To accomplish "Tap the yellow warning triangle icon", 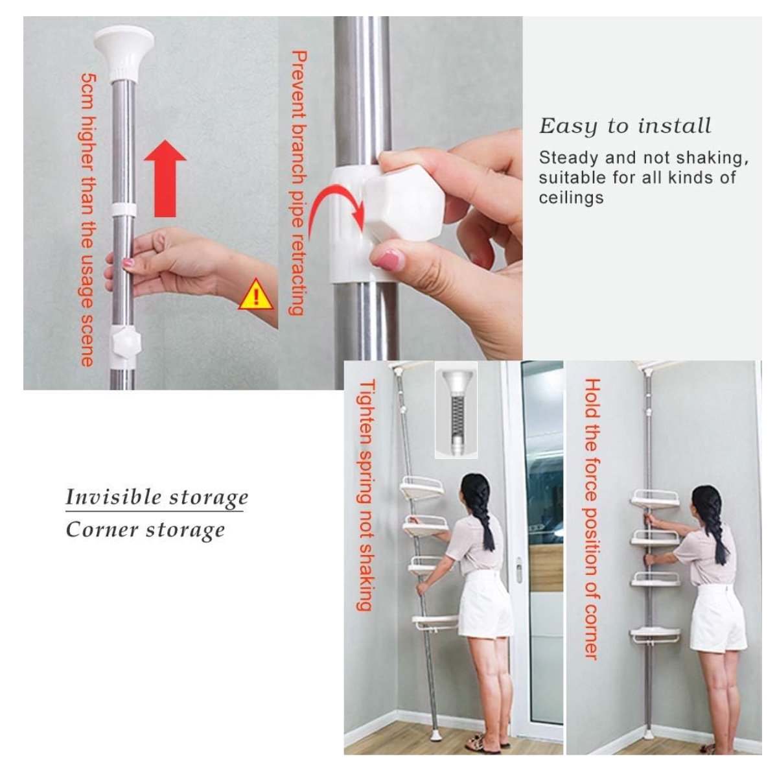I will pos(255,296).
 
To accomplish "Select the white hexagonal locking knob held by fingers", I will pos(403,203).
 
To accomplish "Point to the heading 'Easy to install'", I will pos(625,126).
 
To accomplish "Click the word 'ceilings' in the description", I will pos(571,198).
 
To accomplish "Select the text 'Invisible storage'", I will pos(157,497).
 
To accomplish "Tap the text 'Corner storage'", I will pos(145,530).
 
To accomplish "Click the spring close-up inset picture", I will pos(456,410).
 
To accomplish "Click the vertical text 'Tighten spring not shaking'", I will pos(366,495).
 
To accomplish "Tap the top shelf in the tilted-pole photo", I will pos(421,487).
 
